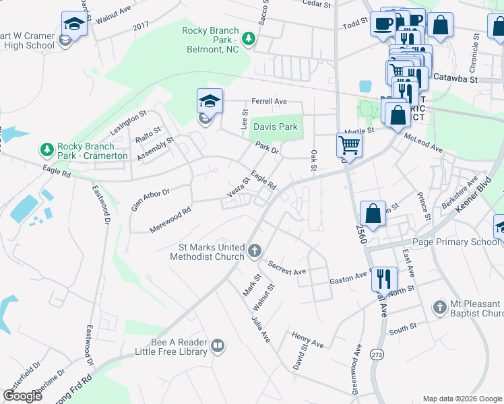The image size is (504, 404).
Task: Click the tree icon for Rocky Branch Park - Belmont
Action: tap(249, 38)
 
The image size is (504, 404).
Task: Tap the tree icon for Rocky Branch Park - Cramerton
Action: tap(46, 149)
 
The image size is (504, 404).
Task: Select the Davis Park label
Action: tap(275, 127)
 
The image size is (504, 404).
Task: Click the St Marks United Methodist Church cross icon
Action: tap(254, 251)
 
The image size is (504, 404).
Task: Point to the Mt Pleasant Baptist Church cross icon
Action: tap(439, 307)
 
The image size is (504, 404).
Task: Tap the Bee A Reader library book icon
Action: tap(217, 346)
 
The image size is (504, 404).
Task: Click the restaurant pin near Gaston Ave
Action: tap(383, 277)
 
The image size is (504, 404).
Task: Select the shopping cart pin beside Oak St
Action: tap(349, 143)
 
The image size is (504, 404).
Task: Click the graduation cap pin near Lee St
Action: tap(210, 102)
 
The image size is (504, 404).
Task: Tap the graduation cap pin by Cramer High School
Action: tap(73, 24)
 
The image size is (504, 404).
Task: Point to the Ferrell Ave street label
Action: tap(269, 102)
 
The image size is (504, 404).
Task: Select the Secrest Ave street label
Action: tap(286, 268)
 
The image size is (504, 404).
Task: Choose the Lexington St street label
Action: tap(128, 121)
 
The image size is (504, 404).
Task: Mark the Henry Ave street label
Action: tap(307, 339)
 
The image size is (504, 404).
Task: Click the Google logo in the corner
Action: tap(22, 396)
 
